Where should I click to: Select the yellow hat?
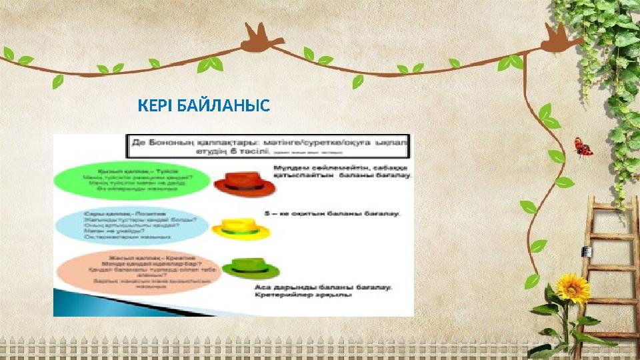(x=241, y=227)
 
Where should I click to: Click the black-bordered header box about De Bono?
(x=270, y=146)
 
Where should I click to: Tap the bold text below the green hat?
(x=324, y=291)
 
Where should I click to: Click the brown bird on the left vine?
(x=261, y=37)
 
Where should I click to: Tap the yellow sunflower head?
(x=570, y=287)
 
